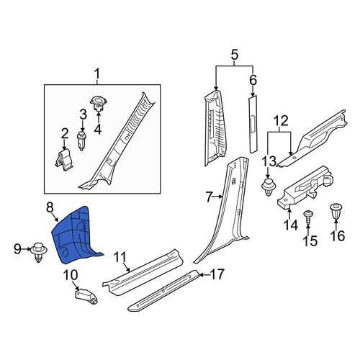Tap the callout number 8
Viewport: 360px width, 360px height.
(x=50, y=207)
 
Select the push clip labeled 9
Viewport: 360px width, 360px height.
(x=39, y=252)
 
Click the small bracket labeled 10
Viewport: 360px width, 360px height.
(x=86, y=297)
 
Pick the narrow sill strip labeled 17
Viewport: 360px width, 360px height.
(x=163, y=290)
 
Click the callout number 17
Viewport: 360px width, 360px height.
(x=217, y=274)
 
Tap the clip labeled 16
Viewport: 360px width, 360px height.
(x=336, y=211)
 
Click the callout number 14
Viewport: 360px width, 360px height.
(x=291, y=225)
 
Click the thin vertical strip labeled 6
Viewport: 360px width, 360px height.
(x=253, y=124)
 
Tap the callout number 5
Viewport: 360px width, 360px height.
(x=235, y=55)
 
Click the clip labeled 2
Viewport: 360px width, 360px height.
(x=63, y=160)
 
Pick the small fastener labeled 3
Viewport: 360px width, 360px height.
(x=82, y=140)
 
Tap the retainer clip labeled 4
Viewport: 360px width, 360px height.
(x=99, y=103)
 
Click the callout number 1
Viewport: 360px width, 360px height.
(x=97, y=74)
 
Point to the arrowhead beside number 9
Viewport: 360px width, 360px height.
(x=30, y=250)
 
